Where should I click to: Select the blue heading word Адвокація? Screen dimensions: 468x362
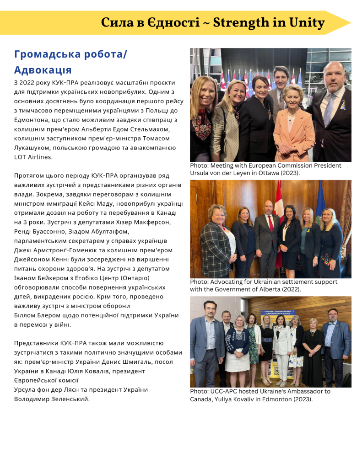(43, 70)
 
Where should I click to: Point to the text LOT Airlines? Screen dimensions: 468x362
(33, 157)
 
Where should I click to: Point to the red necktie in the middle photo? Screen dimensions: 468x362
(270, 223)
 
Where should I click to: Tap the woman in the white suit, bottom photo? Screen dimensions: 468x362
(281, 347)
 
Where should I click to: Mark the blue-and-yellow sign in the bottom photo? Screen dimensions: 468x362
(277, 314)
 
